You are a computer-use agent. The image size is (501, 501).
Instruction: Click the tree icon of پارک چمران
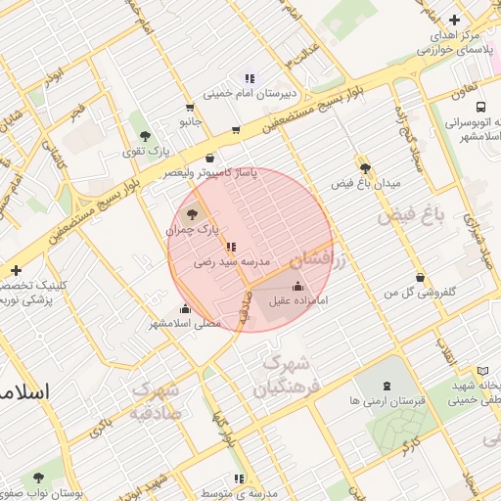click(x=191, y=213)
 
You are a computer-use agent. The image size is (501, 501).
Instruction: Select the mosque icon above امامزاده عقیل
click(x=298, y=285)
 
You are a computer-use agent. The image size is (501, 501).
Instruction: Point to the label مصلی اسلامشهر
click(x=186, y=323)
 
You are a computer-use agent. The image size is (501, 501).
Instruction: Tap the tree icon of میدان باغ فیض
click(x=365, y=168)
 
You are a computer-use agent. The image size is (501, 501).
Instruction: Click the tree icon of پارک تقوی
click(x=146, y=136)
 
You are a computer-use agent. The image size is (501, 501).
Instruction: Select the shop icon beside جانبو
click(x=189, y=108)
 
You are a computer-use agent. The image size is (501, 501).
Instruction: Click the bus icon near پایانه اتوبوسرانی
click(x=479, y=108)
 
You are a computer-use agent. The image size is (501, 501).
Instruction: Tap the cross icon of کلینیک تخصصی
click(x=16, y=270)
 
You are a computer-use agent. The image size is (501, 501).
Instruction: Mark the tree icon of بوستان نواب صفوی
click(x=38, y=478)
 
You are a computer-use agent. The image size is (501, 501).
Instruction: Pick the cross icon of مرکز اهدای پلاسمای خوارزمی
click(x=454, y=20)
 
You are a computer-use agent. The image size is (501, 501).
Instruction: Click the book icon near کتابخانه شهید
click(x=482, y=371)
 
